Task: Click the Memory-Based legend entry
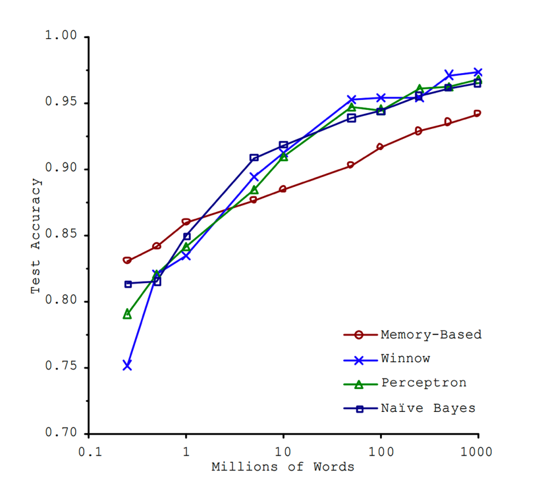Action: pos(431,334)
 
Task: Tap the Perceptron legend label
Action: pos(423,383)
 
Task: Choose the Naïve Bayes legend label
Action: pos(427,408)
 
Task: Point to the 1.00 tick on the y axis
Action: pos(60,37)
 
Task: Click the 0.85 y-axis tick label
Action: pos(60,236)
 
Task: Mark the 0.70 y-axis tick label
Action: pos(60,434)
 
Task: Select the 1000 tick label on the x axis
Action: pos(477,453)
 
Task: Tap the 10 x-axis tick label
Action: pos(283,453)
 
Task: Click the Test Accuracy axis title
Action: pos(36,236)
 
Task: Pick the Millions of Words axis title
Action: pos(283,468)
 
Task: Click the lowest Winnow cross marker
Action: pos(127,365)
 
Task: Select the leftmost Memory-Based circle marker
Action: pos(127,261)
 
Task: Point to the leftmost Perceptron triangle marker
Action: pos(127,314)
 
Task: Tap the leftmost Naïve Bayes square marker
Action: pos(128,284)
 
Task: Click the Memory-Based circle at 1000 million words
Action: pos(477,113)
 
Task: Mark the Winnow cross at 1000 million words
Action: pos(477,72)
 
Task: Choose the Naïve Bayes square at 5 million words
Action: pos(254,158)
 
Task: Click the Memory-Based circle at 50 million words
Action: pos(351,165)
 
